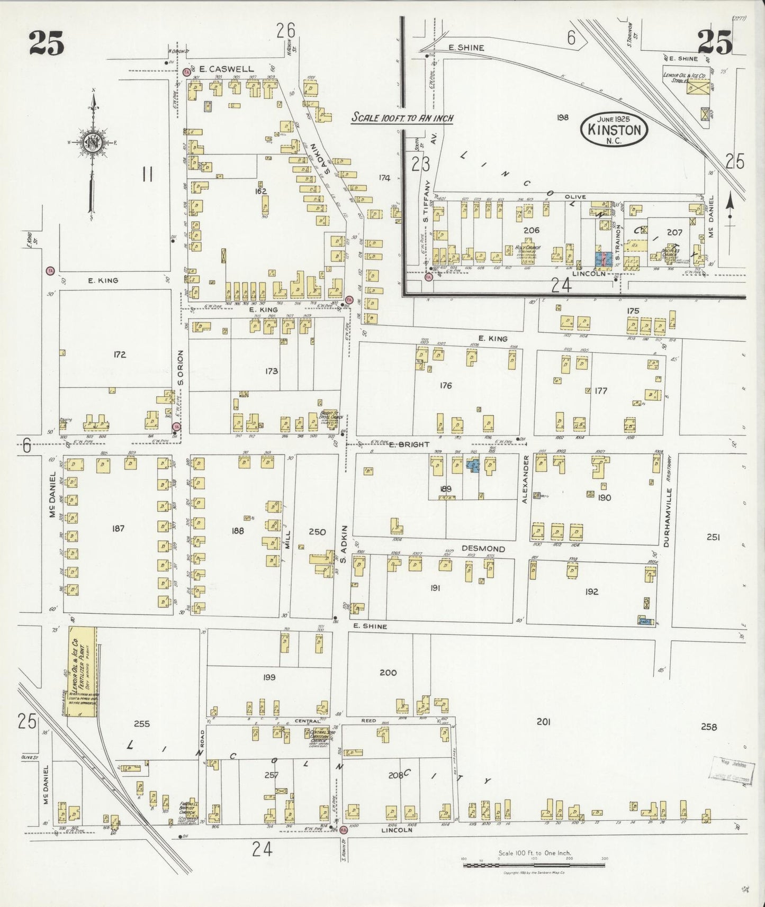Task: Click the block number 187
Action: pyautogui.click(x=118, y=528)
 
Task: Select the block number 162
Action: pyautogui.click(x=260, y=192)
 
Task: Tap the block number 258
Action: pyautogui.click(x=708, y=727)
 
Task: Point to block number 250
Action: pyautogui.click(x=317, y=532)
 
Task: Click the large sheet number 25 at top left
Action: pyautogui.click(x=47, y=43)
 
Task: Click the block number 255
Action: pyautogui.click(x=142, y=724)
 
